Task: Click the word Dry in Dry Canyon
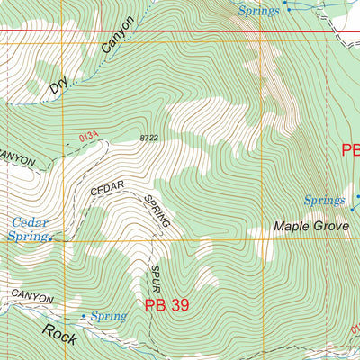58,85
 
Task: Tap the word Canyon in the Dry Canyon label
118,38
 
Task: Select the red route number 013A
87,136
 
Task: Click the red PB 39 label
166,305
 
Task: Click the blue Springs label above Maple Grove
324,200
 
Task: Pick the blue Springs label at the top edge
258,9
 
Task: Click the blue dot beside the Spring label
85,317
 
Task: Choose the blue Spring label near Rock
108,317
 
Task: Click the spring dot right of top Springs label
286,4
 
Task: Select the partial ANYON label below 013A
17,159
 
